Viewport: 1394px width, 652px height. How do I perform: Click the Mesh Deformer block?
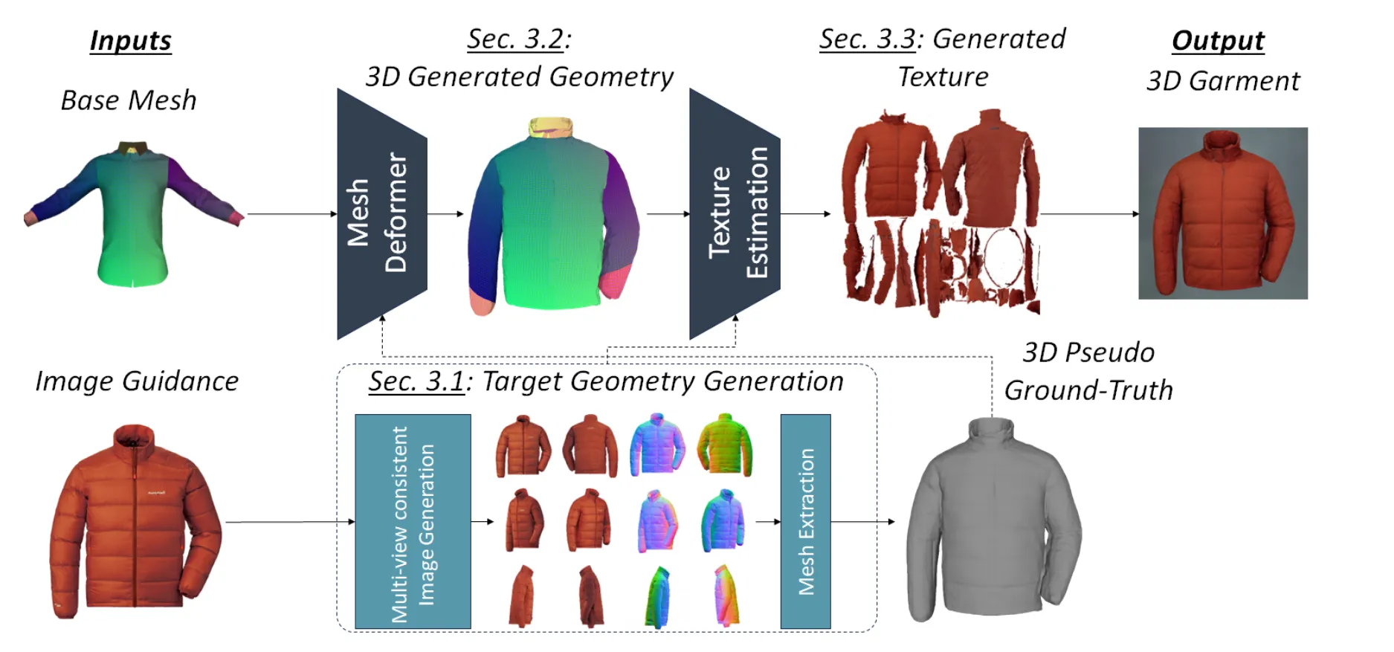click(x=381, y=214)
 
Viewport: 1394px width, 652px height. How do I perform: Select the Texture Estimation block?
click(x=734, y=214)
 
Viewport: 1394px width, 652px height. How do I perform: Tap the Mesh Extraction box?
click(x=805, y=521)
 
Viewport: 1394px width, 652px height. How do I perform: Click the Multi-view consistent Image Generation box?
click(x=413, y=521)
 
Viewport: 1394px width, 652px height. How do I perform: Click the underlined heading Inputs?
click(x=130, y=40)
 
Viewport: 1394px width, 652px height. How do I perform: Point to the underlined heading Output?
click(x=1218, y=40)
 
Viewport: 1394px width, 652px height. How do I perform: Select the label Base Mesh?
click(x=129, y=100)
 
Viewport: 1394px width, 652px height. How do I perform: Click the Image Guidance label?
click(x=137, y=381)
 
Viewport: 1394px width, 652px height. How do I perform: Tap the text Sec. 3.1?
click(x=416, y=381)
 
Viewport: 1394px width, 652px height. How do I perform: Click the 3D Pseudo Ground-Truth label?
click(x=1088, y=371)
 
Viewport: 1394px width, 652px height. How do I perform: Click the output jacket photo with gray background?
click(x=1222, y=213)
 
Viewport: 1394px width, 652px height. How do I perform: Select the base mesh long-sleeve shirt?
click(x=132, y=212)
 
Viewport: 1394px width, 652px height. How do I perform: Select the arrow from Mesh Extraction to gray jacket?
click(x=862, y=521)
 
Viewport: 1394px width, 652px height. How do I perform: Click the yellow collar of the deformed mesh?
click(x=551, y=127)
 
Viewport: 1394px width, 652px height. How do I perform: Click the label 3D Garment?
click(x=1223, y=80)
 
